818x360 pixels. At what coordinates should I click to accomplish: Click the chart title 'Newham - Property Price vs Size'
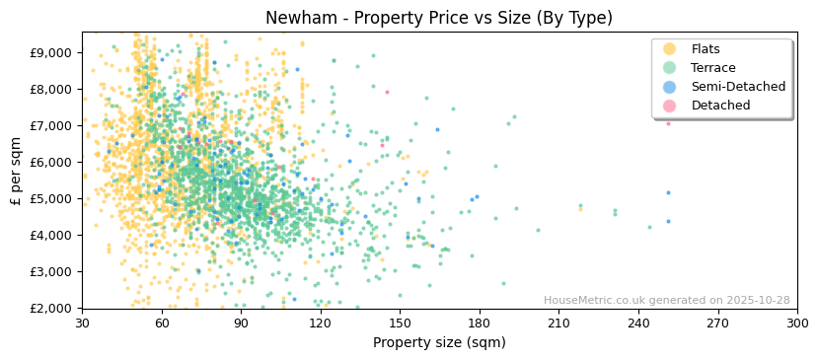click(438, 18)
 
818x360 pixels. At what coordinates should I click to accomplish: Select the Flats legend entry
click(705, 49)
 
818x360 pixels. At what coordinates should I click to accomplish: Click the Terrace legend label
click(712, 68)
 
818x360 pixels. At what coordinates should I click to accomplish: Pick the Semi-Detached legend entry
click(737, 87)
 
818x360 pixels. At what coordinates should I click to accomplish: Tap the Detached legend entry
click(720, 106)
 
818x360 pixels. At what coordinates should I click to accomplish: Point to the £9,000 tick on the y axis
click(48, 52)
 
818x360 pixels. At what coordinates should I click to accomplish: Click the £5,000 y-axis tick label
click(48, 198)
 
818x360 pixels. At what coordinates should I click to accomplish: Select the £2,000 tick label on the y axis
click(48, 308)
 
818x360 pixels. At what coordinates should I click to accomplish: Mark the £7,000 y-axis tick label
click(48, 125)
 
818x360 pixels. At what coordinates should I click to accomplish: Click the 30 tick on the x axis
click(82, 324)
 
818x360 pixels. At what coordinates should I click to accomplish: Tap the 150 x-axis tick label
click(400, 324)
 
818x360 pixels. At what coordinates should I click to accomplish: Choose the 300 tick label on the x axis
click(796, 324)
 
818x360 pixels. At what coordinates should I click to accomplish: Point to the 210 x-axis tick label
click(558, 324)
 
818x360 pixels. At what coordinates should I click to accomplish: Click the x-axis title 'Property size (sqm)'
click(438, 342)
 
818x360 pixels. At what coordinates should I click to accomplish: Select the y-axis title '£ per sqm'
click(17, 170)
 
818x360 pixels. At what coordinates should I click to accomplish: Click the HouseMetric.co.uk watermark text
click(666, 300)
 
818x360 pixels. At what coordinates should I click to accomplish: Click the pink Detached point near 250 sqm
click(668, 123)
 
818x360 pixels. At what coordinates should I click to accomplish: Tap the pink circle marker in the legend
click(669, 106)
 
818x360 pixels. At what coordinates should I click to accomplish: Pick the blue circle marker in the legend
click(669, 87)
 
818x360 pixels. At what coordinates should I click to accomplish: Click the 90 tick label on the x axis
click(241, 324)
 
